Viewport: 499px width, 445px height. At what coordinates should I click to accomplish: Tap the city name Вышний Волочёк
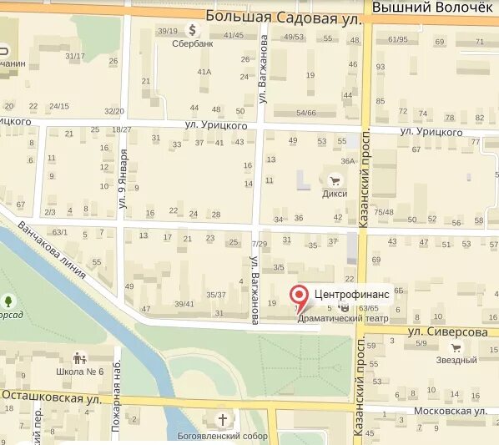tap(432, 7)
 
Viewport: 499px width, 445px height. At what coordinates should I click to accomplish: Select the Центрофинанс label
tap(350, 294)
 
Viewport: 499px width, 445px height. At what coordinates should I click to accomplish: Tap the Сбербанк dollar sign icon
tap(193, 29)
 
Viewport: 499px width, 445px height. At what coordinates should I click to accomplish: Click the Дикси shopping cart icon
tap(335, 180)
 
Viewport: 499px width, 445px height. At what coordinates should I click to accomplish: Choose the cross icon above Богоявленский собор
tap(223, 419)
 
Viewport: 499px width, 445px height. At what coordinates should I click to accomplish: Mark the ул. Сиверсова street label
tap(447, 331)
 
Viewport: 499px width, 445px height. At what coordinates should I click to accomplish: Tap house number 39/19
tap(166, 31)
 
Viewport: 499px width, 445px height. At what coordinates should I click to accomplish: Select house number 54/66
tap(306, 112)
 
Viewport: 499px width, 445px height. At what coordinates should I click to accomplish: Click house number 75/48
tap(384, 212)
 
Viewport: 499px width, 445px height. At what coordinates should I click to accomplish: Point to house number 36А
tap(348, 161)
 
